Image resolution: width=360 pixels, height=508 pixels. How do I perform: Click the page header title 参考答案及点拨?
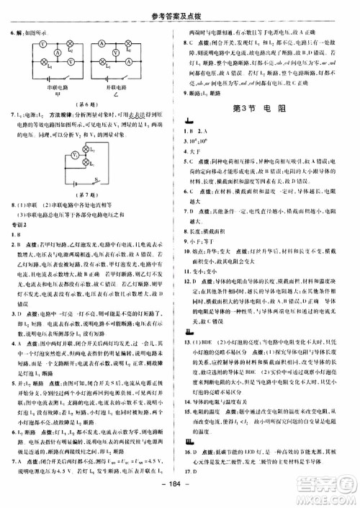[x=180, y=8]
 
